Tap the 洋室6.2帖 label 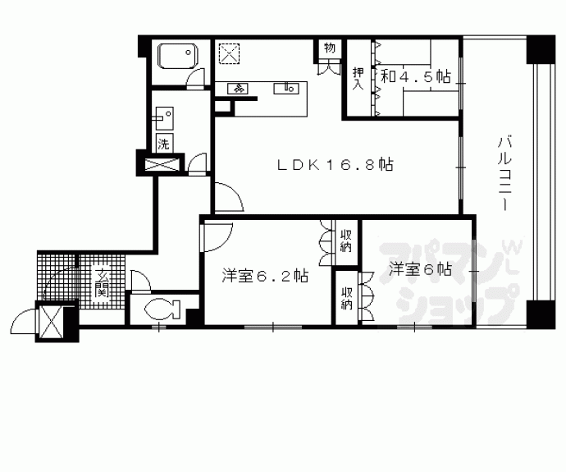(265, 276)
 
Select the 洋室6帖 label (419, 268)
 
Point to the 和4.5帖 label (415, 77)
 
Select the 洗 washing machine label (163, 141)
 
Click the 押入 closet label (358, 80)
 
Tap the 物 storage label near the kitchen (329, 48)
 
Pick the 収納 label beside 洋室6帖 (345, 297)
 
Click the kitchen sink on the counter (290, 85)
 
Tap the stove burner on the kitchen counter (240, 86)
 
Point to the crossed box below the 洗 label (163, 163)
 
